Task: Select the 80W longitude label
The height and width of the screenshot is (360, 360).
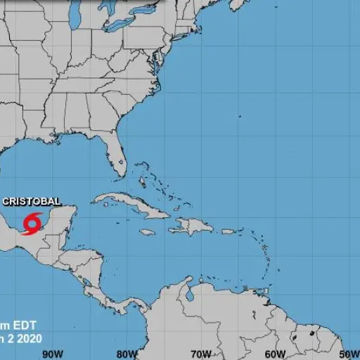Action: tap(127, 354)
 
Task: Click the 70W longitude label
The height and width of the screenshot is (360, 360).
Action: tap(201, 354)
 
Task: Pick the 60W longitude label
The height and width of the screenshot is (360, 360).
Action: tap(276, 354)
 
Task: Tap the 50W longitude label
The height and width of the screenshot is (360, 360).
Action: tap(349, 354)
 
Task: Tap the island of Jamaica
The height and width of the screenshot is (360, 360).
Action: tap(147, 232)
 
